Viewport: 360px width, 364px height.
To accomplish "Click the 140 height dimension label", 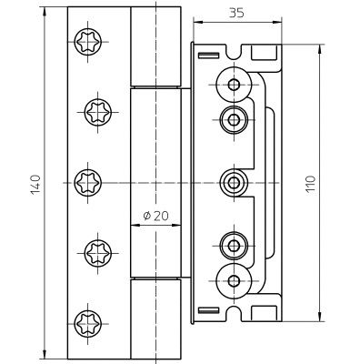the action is pyautogui.click(x=35, y=185).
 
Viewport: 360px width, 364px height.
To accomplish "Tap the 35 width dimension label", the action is pyautogui.click(x=236, y=13).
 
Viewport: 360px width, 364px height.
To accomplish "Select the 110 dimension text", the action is pyautogui.click(x=311, y=184).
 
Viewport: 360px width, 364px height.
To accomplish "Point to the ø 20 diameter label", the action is pyautogui.click(x=155, y=216).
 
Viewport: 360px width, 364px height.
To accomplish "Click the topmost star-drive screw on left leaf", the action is pyautogui.click(x=88, y=42).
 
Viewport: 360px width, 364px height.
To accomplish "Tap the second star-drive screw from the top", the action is pyautogui.click(x=98, y=112).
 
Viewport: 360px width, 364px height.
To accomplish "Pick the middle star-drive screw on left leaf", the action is pyautogui.click(x=88, y=183).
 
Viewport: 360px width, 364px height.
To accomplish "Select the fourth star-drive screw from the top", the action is pyautogui.click(x=98, y=253).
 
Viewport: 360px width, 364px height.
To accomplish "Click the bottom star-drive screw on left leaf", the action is pyautogui.click(x=88, y=324).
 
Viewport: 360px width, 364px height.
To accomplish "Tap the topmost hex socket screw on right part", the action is pyautogui.click(x=234, y=85).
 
